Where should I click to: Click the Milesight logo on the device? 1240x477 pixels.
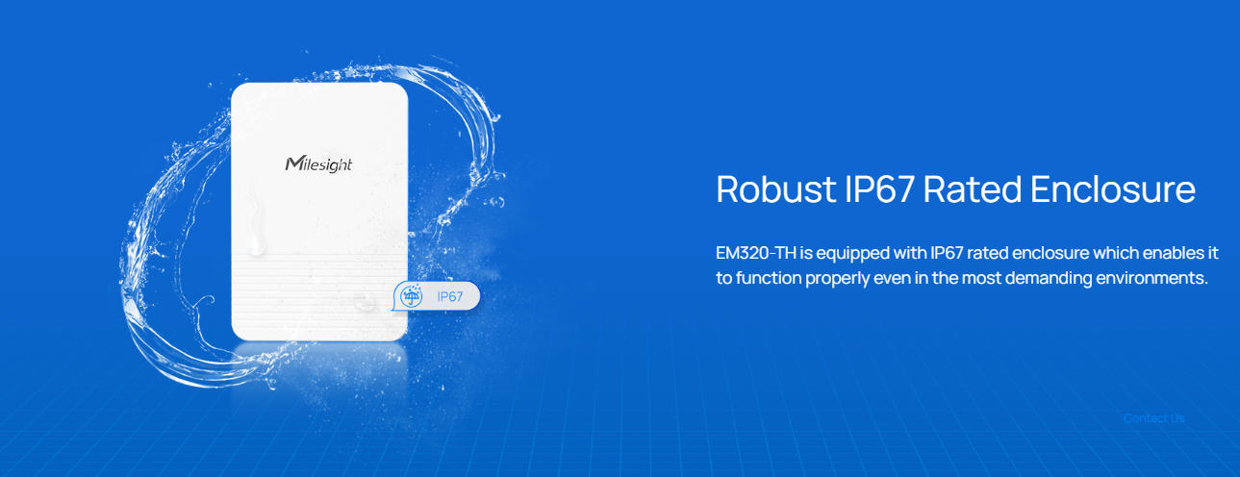(318, 164)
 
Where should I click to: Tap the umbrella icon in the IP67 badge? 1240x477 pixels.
(412, 296)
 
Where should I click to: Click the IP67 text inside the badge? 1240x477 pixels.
(449, 297)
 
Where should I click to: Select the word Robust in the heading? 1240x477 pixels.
(776, 189)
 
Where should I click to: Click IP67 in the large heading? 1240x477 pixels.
(879, 189)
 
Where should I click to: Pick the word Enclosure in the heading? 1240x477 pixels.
(1113, 189)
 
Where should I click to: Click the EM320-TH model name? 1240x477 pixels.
(755, 253)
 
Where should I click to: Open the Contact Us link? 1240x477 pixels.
(1153, 418)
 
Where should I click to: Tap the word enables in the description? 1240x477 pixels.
(1173, 253)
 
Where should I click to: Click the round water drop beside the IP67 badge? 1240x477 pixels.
(364, 302)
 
